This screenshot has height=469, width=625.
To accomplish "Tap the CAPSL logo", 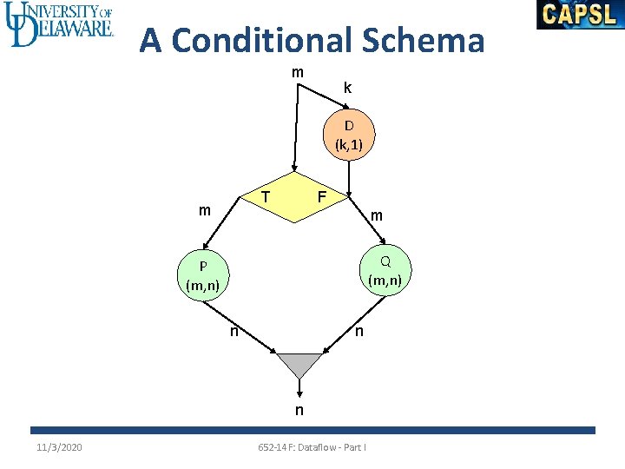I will tap(580, 15).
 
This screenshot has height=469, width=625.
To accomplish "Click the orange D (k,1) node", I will tap(349, 135).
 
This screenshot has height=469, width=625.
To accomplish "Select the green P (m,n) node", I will tap(201, 275).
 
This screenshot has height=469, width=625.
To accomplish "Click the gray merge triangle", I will tap(299, 363).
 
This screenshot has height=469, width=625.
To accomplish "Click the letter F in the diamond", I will tap(321, 197).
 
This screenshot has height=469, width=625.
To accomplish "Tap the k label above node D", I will tap(347, 88).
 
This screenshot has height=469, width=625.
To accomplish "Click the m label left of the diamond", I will tap(204, 210).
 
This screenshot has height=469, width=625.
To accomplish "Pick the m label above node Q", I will tap(377, 215).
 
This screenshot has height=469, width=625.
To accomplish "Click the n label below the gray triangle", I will tap(299, 410).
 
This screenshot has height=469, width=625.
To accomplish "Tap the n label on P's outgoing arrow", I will tap(234, 331).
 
